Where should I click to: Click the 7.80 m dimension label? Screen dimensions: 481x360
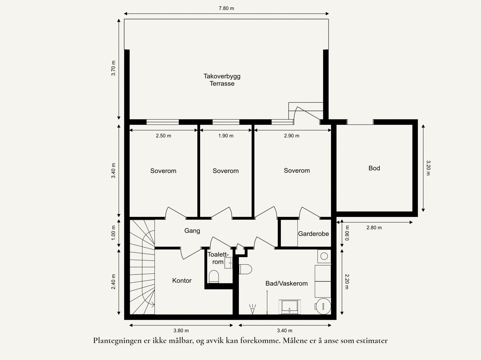coord(226,8)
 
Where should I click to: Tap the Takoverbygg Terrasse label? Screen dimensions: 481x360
coord(222,80)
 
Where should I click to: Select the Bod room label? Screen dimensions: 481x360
coord(374,168)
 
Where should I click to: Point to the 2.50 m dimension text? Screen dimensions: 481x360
coord(164,136)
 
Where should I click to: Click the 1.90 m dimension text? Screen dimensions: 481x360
coord(226,136)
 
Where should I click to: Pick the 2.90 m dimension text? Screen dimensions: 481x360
coord(292,136)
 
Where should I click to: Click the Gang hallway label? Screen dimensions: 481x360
coord(192,231)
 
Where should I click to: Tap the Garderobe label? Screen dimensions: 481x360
coord(313,234)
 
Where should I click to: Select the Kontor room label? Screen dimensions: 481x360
coord(182,280)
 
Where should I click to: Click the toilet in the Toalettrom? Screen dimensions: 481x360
coord(214,276)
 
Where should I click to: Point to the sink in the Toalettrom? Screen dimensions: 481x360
coord(228,263)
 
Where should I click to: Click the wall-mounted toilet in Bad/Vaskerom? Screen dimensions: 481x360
coord(245,269)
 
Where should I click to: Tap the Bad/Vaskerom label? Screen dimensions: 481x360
coord(286,284)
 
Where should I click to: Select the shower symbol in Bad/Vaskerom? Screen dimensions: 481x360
coord(253,309)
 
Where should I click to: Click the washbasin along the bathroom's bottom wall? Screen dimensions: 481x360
coord(290,307)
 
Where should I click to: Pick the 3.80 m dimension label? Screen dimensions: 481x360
coord(181,331)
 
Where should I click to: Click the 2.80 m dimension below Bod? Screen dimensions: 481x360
coord(374,228)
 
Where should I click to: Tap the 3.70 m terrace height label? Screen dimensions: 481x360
coord(113,68)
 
